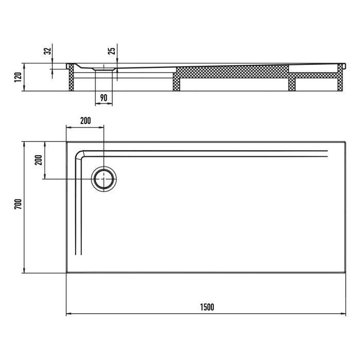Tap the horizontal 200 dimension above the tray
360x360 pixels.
point(85,121)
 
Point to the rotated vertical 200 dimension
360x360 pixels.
point(37,160)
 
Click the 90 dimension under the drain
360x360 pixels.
point(103,98)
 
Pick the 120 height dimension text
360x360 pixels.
point(17,78)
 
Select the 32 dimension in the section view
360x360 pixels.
point(47,51)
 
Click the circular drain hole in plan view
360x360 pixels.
point(104,179)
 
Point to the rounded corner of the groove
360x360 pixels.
point(80,154)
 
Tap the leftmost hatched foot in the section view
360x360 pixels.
point(71,80)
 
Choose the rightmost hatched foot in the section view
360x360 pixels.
point(340,80)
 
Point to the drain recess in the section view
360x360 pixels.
point(104,68)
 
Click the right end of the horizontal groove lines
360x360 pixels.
point(327,153)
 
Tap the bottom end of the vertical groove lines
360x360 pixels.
point(79,255)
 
